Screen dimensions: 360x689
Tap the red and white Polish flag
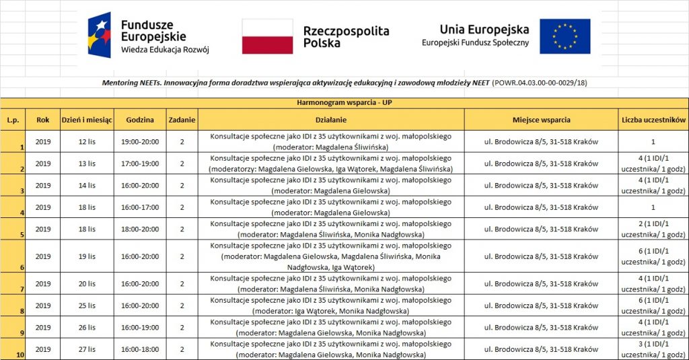[267, 36]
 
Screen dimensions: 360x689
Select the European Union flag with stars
[565, 36]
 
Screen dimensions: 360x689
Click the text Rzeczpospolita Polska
[346, 36]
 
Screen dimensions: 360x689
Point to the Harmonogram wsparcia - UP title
[344, 103]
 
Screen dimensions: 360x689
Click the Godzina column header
[139, 120]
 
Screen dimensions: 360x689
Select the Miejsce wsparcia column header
[541, 120]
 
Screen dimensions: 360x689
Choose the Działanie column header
[330, 120]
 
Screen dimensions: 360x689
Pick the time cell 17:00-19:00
[139, 164]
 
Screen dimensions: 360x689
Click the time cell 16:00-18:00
[139, 349]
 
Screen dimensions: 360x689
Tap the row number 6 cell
[13, 256]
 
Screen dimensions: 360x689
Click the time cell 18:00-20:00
[139, 229]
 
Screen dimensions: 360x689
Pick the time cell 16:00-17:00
[139, 207]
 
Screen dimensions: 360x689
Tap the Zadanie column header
[182, 120]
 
